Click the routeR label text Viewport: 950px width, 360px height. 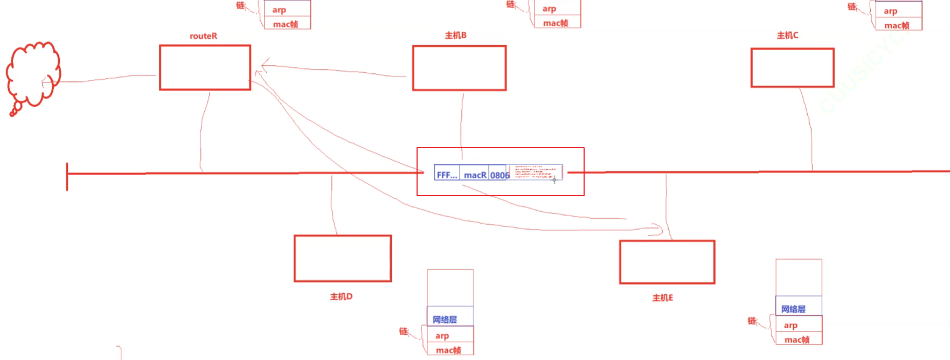click(x=203, y=36)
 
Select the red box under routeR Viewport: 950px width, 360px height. click(x=205, y=67)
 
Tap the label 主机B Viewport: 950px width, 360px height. click(x=455, y=35)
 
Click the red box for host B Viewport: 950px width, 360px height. click(x=459, y=68)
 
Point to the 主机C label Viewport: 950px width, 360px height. click(x=787, y=35)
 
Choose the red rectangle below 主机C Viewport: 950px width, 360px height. click(x=792, y=67)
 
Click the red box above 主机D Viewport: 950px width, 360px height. click(x=342, y=258)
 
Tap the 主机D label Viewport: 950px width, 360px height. click(x=341, y=296)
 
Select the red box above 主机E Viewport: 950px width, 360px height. click(x=667, y=262)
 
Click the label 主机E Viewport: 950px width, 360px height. click(x=662, y=297)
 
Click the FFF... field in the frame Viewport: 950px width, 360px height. click(x=447, y=174)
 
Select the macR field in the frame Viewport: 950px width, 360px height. click(x=475, y=174)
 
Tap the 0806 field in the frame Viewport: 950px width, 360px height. click(x=499, y=175)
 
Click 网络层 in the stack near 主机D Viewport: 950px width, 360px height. click(x=445, y=319)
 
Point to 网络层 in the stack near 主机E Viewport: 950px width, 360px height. click(x=794, y=309)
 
